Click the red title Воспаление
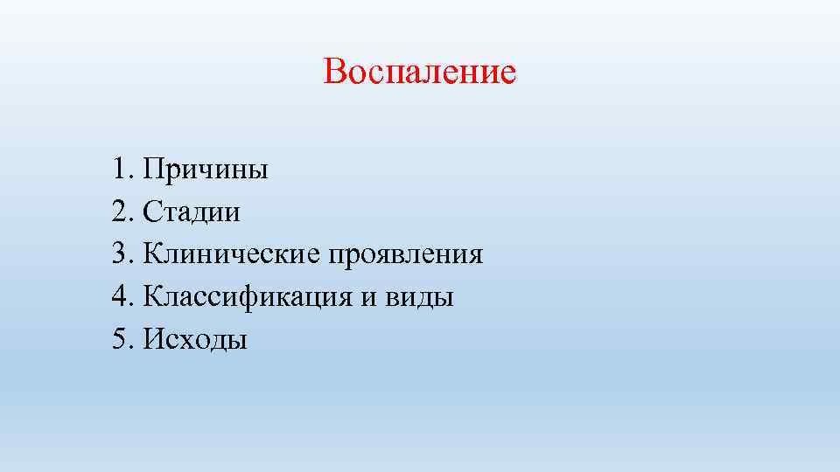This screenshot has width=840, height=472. coord(419,72)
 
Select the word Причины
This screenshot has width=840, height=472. coord(206,169)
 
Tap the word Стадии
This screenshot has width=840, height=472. coord(192,212)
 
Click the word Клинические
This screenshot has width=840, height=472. coord(232,254)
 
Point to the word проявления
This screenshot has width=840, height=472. coord(406,255)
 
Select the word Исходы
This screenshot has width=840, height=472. coord(195,340)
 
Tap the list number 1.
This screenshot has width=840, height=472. coord(120,169)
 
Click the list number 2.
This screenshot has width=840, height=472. coord(120,212)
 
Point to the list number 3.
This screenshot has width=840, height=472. coord(120,254)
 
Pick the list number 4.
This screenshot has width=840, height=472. coord(120,297)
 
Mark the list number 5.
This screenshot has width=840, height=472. coord(120,340)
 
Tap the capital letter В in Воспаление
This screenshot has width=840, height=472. coord(334,72)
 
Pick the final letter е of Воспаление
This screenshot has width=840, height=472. coord(508,73)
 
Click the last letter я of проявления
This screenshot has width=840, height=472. coord(475,256)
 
